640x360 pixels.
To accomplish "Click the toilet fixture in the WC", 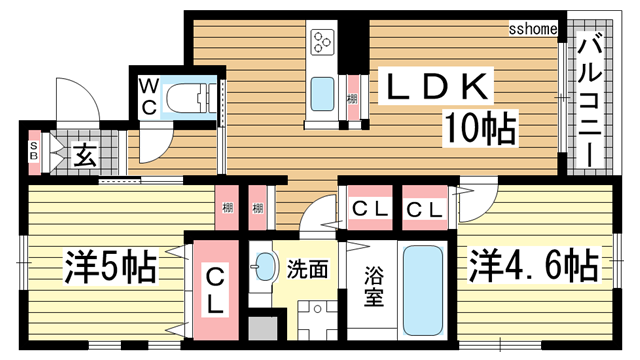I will click(x=190, y=98).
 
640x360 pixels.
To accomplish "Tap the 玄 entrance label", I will click(x=84, y=156).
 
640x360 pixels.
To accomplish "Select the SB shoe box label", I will click(x=33, y=154).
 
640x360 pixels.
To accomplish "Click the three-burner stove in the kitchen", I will click(x=323, y=42).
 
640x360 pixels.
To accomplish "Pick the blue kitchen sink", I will click(x=323, y=96).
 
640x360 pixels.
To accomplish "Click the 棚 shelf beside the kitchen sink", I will click(x=353, y=98).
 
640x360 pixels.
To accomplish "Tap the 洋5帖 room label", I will click(x=110, y=267).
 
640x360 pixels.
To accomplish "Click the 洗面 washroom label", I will click(x=308, y=268).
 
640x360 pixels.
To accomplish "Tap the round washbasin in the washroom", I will click(x=266, y=267).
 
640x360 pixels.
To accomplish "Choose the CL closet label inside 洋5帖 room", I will click(x=214, y=287).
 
